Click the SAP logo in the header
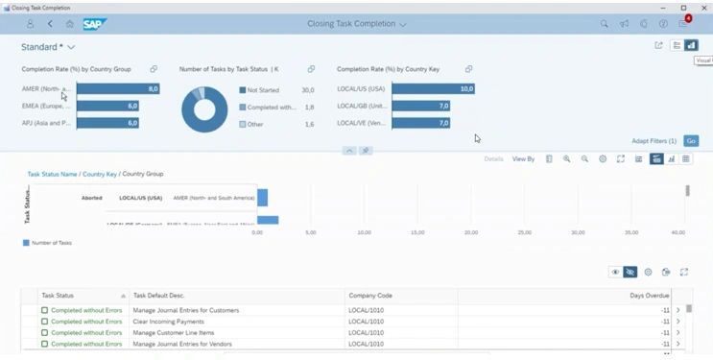pos(95,23)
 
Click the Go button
pos(691,141)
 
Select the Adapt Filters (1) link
pos(654,141)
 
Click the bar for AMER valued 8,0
pos(117,89)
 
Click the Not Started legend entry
pos(262,90)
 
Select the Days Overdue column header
pos(648,296)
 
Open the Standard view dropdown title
pos(48,46)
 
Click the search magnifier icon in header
pos(604,23)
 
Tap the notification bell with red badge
pos(683,23)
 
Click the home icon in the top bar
pos(69,23)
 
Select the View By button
pos(523,158)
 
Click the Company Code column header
pos(371,296)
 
